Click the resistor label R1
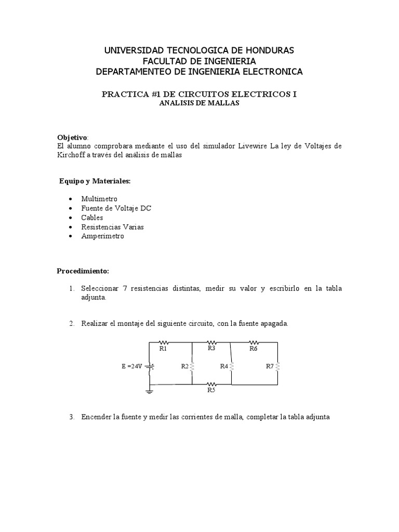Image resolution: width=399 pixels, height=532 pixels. tap(163, 349)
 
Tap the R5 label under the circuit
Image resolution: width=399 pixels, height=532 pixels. tap(211, 390)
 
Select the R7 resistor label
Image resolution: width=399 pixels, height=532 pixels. tap(270, 366)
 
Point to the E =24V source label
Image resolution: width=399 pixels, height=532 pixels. tap(132, 366)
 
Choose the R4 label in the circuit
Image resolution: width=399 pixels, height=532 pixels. tap(224, 366)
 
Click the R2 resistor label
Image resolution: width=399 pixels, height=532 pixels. tap(185, 366)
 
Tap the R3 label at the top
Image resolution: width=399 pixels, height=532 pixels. tap(211, 349)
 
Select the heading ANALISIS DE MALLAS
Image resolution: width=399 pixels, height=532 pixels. tap(199, 103)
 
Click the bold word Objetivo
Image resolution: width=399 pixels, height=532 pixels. tap(72, 137)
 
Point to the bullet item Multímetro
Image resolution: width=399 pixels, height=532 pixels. tap(99, 199)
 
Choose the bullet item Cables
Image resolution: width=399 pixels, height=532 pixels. tap(92, 218)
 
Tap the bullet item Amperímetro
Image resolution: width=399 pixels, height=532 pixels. tap(102, 236)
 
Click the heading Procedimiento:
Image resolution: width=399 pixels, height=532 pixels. tap(83, 271)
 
